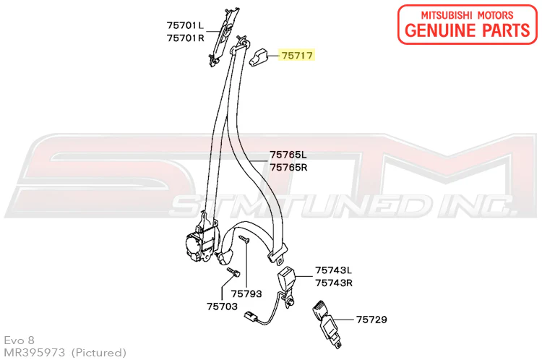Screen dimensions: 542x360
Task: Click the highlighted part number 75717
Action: (297, 56)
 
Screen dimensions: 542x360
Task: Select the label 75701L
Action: (185, 25)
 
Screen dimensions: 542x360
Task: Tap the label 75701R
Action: (186, 38)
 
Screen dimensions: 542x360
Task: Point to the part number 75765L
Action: (288, 155)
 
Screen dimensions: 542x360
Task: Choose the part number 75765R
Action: (288, 168)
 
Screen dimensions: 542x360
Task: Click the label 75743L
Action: (334, 270)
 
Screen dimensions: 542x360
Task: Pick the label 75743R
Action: (334, 283)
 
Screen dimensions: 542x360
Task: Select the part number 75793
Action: (246, 294)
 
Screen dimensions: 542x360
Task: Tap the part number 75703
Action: (223, 307)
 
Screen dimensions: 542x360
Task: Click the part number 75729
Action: (371, 320)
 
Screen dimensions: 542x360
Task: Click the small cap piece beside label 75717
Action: (258, 57)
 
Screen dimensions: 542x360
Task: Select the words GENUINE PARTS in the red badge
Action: (467, 30)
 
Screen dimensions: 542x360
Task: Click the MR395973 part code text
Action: (35, 352)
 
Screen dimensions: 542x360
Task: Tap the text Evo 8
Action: (20, 340)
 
